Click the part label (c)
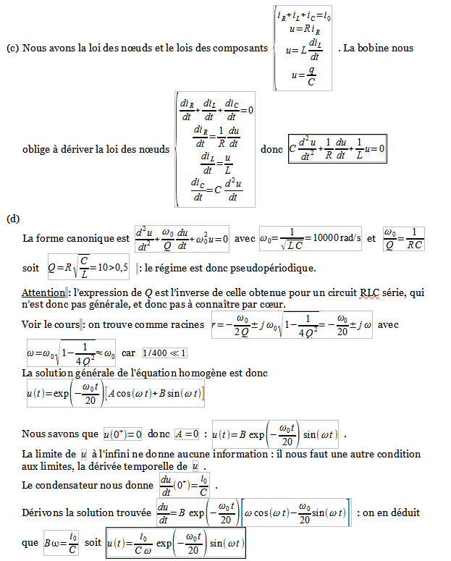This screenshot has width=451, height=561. point(12,48)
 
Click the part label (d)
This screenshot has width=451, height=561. point(12,218)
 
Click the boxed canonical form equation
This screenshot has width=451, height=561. point(182,238)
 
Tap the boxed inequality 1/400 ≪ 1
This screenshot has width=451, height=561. point(164,353)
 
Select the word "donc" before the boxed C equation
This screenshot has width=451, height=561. point(271,149)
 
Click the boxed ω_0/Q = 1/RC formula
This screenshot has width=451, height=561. point(403,238)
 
